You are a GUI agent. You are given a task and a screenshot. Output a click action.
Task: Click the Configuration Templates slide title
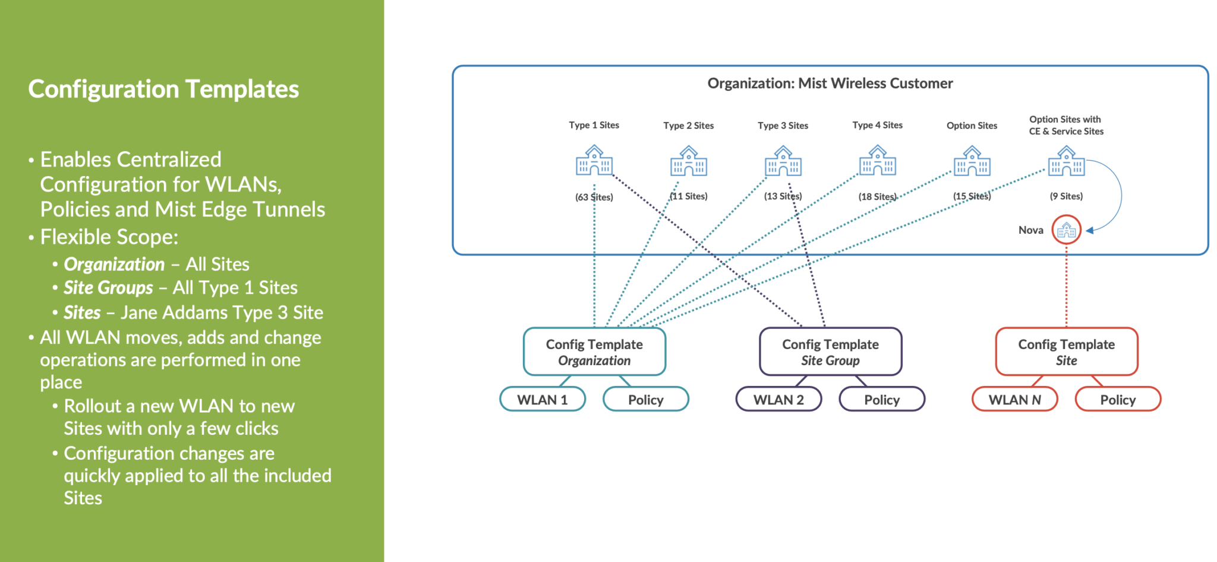[163, 89]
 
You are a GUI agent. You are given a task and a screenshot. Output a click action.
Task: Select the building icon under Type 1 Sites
[594, 161]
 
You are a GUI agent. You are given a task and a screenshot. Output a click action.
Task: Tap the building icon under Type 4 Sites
[877, 161]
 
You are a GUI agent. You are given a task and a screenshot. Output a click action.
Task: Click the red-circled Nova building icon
[1066, 230]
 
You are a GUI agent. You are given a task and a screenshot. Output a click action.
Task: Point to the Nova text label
[1030, 230]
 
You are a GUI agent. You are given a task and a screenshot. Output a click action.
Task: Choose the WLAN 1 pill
[542, 399]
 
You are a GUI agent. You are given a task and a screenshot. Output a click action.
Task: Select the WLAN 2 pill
[778, 399]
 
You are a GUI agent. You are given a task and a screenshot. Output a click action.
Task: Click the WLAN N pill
[1014, 399]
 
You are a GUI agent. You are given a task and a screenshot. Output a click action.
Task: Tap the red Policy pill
[1118, 399]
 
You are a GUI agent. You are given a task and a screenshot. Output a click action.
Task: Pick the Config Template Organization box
[594, 351]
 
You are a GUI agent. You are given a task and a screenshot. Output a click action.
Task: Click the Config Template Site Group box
[830, 351]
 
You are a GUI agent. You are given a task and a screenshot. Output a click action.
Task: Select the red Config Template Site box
[1066, 351]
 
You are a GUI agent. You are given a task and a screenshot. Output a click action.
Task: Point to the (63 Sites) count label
[594, 197]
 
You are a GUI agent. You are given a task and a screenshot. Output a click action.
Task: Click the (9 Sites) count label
[1066, 196]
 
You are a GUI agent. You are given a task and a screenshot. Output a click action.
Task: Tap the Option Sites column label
[972, 125]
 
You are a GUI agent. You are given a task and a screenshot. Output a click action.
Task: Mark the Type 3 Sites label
[783, 125]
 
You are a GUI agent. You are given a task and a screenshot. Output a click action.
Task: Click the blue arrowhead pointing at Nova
[1090, 230]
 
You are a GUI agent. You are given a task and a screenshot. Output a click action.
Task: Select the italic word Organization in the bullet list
[114, 264]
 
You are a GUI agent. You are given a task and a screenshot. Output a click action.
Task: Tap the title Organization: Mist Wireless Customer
[830, 83]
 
